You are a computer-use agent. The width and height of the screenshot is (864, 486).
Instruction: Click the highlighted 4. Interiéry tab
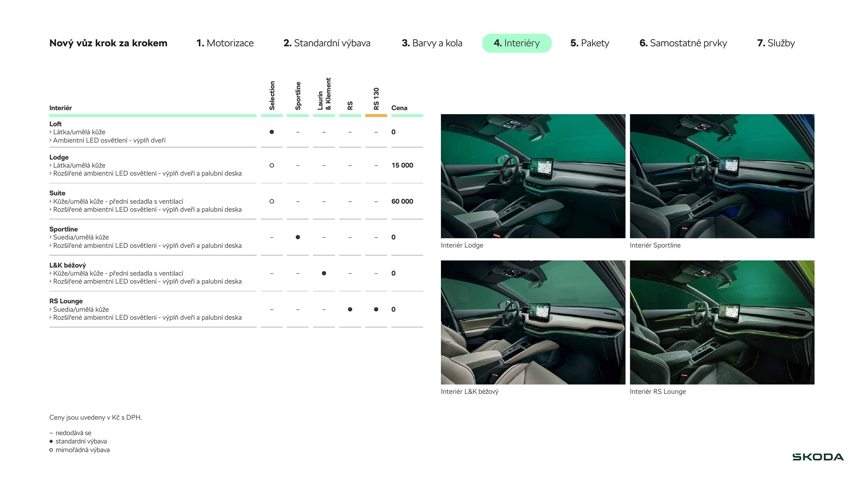click(x=517, y=43)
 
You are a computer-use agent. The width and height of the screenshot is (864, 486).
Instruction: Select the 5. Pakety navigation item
click(x=590, y=43)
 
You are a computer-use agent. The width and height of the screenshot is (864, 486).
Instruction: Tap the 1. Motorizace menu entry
click(x=225, y=43)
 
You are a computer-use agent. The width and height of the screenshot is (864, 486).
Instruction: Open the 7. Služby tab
click(x=776, y=43)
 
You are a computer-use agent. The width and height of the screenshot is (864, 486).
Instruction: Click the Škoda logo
click(x=818, y=457)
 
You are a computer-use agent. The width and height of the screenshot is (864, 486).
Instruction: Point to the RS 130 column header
click(x=376, y=99)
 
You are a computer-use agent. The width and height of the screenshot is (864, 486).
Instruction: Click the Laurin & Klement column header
click(x=324, y=94)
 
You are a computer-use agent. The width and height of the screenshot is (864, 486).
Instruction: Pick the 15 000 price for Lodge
click(x=402, y=165)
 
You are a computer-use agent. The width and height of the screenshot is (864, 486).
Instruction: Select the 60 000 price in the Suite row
click(x=402, y=201)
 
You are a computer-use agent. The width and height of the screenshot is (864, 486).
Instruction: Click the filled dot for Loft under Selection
click(x=272, y=132)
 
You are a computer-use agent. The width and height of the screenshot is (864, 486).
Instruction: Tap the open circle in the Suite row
click(x=272, y=201)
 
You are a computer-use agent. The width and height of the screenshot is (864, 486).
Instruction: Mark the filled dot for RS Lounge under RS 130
click(x=376, y=309)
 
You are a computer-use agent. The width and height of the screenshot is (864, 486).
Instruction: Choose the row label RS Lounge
click(x=66, y=301)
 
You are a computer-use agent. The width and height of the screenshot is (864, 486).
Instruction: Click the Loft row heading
click(x=55, y=124)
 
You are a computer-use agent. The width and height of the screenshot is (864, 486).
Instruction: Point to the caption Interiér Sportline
click(x=655, y=245)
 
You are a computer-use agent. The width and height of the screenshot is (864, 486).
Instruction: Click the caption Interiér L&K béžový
click(x=470, y=391)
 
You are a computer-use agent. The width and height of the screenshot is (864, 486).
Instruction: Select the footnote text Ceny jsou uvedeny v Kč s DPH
click(x=95, y=417)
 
